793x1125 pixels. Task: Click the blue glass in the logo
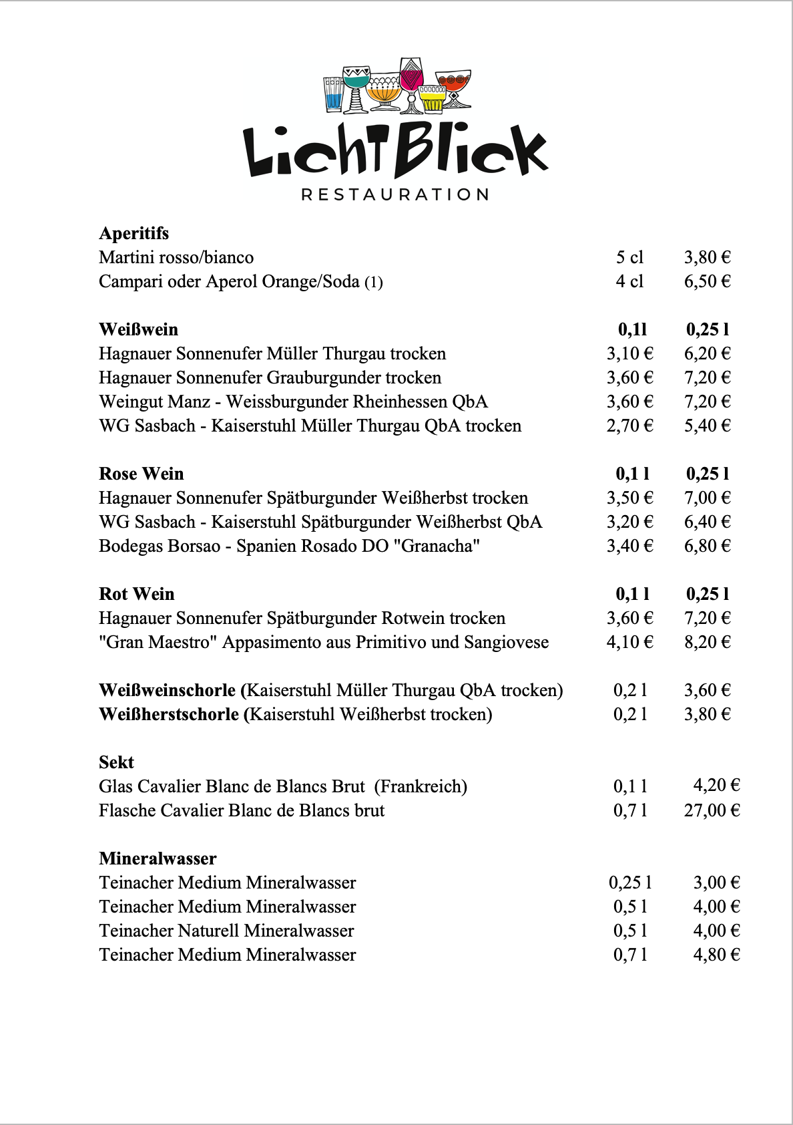click(333, 94)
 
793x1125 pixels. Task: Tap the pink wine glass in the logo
click(411, 77)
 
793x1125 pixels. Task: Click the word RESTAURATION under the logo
click(395, 194)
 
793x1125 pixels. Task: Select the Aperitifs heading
click(134, 233)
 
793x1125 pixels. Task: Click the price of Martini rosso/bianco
click(707, 257)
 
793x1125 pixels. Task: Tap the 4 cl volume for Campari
click(629, 281)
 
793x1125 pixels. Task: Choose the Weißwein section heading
click(138, 329)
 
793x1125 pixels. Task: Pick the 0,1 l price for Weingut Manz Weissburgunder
click(629, 401)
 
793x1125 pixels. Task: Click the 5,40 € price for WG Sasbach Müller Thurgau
click(707, 426)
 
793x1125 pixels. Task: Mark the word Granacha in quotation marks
click(437, 546)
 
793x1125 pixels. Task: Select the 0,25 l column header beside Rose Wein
click(707, 474)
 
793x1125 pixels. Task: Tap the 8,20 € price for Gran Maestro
click(707, 642)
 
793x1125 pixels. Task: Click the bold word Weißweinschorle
click(167, 690)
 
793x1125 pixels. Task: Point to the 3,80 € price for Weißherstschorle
click(707, 714)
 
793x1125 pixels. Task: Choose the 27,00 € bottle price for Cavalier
click(712, 810)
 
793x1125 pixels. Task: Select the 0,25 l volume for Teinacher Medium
click(629, 882)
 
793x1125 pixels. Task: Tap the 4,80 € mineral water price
click(716, 955)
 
